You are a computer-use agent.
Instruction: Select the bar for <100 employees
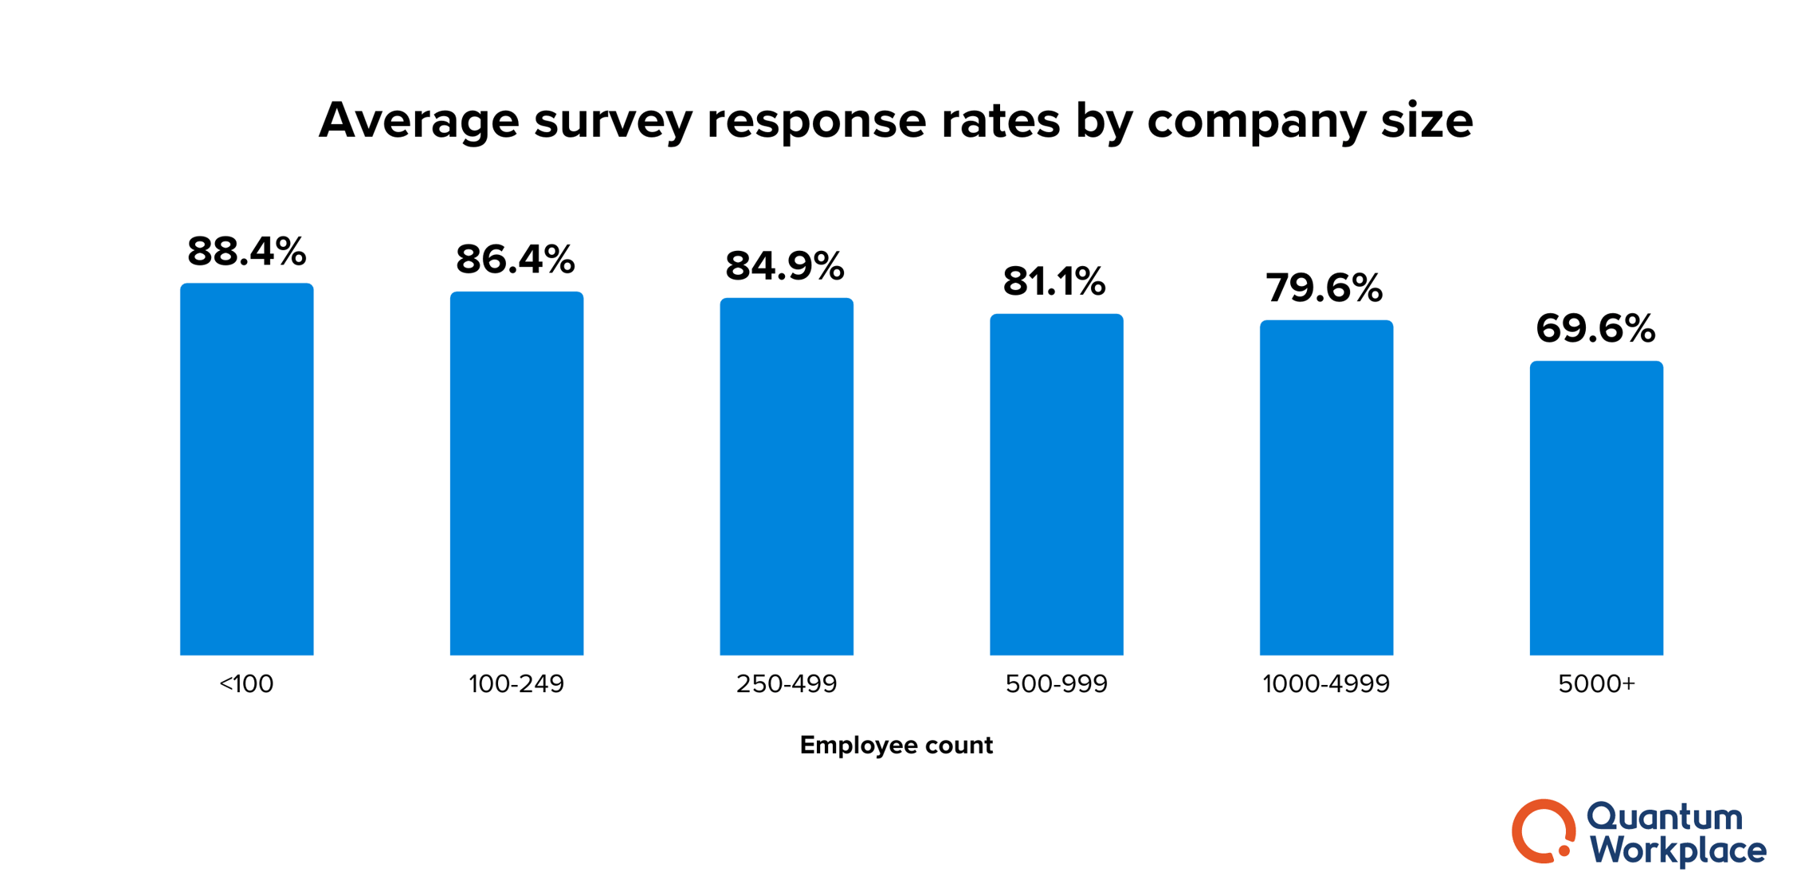pyautogui.click(x=246, y=470)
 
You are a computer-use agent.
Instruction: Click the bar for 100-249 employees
pyautogui.click(x=516, y=474)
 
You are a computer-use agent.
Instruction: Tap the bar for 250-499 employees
pyautogui.click(x=787, y=477)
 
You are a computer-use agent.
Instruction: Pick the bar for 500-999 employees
pyautogui.click(x=1056, y=485)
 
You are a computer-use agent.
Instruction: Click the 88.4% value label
pyautogui.click(x=246, y=252)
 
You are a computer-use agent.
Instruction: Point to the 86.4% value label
pyautogui.click(x=516, y=260)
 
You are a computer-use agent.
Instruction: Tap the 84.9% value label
pyautogui.click(x=785, y=266)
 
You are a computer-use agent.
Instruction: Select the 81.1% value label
pyautogui.click(x=1054, y=282)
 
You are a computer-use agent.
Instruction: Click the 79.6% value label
pyautogui.click(x=1324, y=288)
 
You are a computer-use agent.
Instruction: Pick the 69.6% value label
pyautogui.click(x=1595, y=328)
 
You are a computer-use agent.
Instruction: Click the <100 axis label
pyautogui.click(x=246, y=684)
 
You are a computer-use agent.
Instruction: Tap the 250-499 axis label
pyautogui.click(x=787, y=684)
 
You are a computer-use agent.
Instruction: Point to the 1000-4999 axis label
pyautogui.click(x=1326, y=684)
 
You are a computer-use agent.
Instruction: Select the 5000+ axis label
pyautogui.click(x=1596, y=684)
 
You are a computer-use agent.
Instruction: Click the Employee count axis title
pyautogui.click(x=896, y=745)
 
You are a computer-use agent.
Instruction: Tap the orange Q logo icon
pyautogui.click(x=1543, y=831)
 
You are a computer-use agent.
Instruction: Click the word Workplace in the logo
pyautogui.click(x=1678, y=850)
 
